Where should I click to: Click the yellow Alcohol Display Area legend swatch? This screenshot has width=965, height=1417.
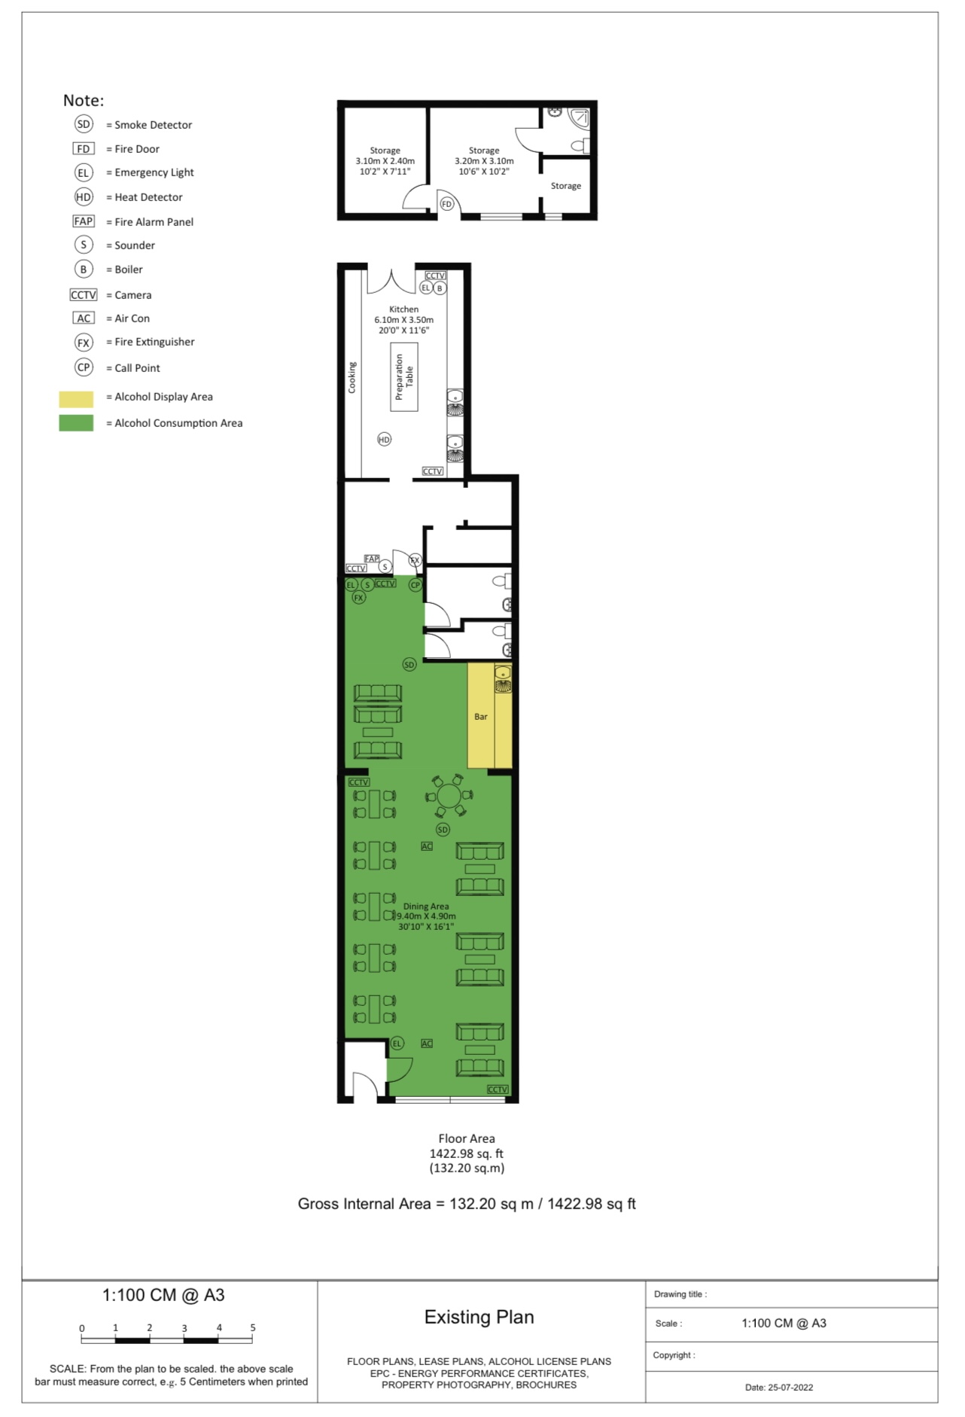coord(76,398)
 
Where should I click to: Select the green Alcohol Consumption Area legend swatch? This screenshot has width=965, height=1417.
coord(76,423)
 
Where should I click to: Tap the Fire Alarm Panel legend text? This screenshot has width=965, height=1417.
coord(154,222)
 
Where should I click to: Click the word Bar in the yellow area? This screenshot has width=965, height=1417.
coord(481,717)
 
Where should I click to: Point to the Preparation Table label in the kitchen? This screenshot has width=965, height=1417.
coord(404,376)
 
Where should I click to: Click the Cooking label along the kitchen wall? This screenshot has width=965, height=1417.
coord(352,377)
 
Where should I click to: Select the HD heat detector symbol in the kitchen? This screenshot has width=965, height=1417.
coord(385,439)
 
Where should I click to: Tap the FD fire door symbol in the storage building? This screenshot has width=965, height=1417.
coord(447,204)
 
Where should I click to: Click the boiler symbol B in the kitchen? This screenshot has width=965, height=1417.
coord(440,288)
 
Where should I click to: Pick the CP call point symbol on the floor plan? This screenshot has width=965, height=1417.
coord(415,585)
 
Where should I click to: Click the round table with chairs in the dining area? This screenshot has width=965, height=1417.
coord(449,796)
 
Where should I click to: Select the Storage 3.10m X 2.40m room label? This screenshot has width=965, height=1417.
coord(385,161)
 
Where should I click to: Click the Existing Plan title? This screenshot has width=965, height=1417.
coord(479,1317)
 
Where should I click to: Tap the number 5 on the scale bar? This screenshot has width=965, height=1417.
coord(253,1327)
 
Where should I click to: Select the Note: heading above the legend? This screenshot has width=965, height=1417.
coord(84,100)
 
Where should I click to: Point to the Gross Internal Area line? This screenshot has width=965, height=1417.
coord(467,1204)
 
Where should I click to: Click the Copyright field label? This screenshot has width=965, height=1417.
coord(674,1355)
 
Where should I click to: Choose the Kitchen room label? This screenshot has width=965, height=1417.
coord(404,309)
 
